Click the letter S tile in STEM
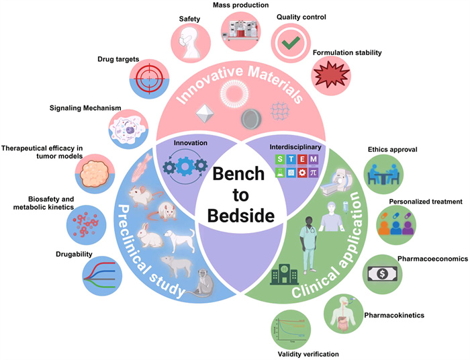coord(277,159)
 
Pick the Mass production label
coord(250,5)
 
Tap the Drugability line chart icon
coord(103,277)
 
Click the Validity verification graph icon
coord(295,327)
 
